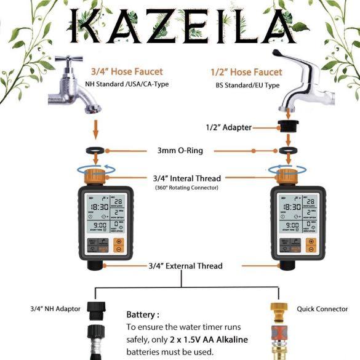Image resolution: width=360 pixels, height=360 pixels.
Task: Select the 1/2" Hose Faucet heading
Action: tap(246, 72)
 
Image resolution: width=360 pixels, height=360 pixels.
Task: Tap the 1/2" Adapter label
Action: tap(229, 127)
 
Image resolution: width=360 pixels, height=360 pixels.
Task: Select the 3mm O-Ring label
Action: tap(178, 150)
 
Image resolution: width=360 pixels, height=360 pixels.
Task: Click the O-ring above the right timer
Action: tap(286, 151)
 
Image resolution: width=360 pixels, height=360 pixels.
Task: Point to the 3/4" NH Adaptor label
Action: tap(55, 308)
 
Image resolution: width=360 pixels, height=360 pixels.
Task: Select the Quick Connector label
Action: tap(322, 308)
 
